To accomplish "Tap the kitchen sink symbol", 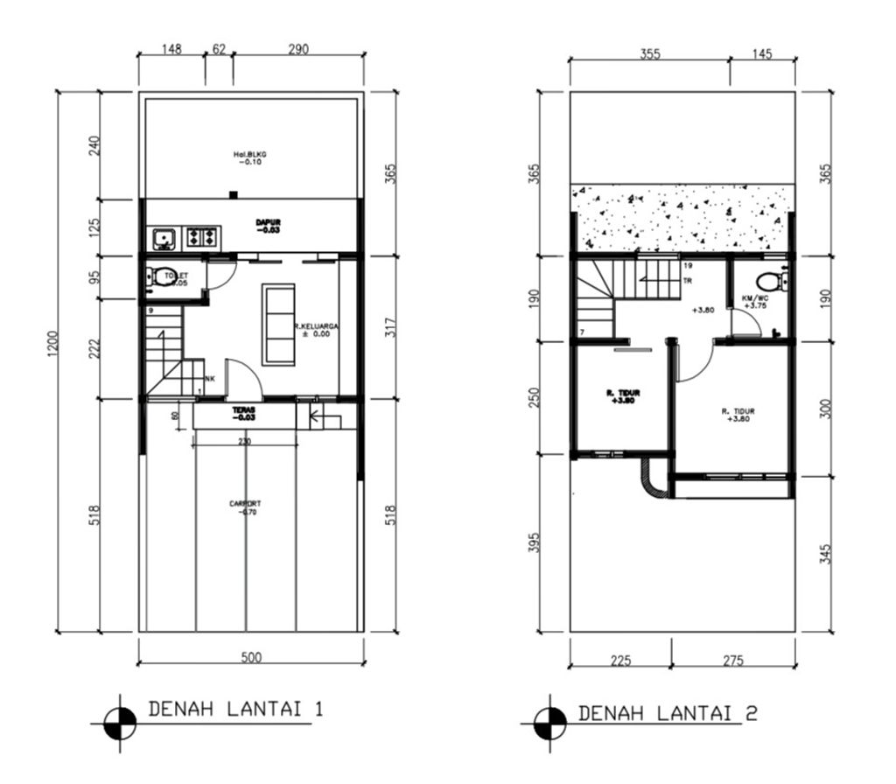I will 164,237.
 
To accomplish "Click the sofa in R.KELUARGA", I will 279,324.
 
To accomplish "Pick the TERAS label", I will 243,413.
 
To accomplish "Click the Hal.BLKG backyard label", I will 249,158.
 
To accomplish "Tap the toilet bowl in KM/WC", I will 769,281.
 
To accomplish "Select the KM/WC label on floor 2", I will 754,302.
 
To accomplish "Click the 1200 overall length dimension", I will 52,344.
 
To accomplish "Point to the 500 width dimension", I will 251,657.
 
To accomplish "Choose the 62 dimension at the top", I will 218,50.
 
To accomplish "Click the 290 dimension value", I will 297,50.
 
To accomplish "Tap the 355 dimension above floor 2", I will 649,53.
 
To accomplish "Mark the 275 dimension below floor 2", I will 733,660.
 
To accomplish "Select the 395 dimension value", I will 535,542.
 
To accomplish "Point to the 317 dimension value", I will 391,327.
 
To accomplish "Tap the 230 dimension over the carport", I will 244,442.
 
